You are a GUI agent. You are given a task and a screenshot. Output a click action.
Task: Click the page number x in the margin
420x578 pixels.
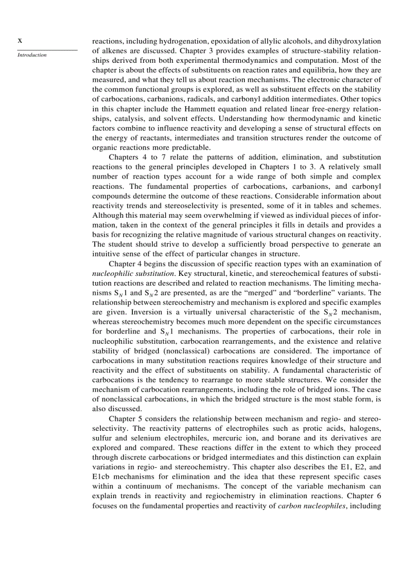coord(20,40)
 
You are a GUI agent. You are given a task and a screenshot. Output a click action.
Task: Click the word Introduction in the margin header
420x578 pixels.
coord(32,55)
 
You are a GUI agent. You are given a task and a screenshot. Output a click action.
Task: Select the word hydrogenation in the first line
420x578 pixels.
coord(183,41)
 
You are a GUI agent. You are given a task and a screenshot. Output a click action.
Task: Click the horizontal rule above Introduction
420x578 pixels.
coord(47,50)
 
